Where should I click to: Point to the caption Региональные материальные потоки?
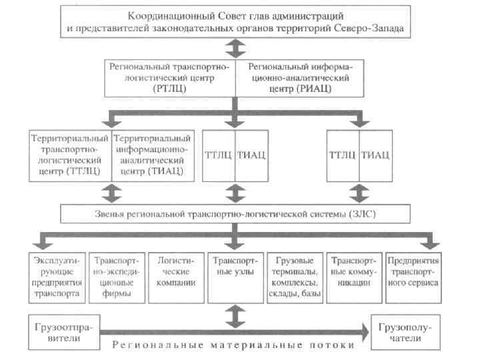[x=233, y=346]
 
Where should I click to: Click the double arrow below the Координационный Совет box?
[x=234, y=47]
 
